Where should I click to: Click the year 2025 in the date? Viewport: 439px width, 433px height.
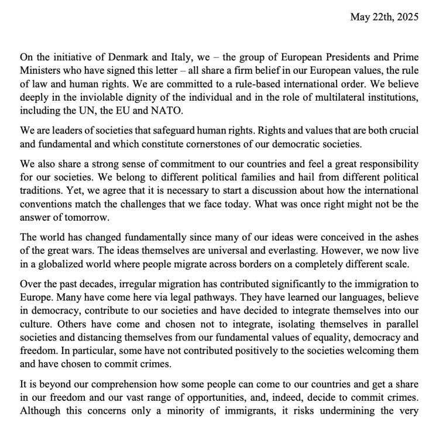407,17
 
